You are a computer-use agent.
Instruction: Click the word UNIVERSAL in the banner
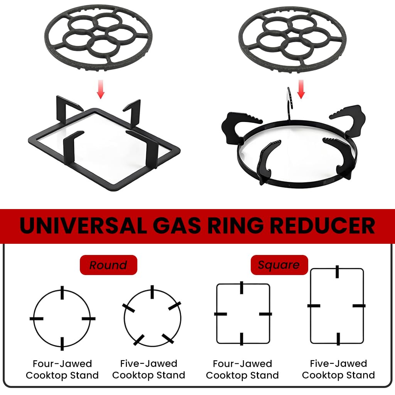coord(83,226)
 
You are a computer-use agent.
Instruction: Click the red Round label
coord(108,265)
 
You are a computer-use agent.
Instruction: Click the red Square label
coord(279,265)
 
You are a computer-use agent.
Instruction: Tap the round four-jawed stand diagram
coord(62,318)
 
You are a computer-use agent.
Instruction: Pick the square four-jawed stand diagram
coord(243,314)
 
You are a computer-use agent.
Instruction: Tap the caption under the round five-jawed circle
coord(149,370)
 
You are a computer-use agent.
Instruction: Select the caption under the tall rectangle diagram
coord(338,369)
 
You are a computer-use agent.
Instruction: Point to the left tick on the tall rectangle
coord(314,306)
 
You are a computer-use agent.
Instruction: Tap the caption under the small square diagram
coord(242,370)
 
